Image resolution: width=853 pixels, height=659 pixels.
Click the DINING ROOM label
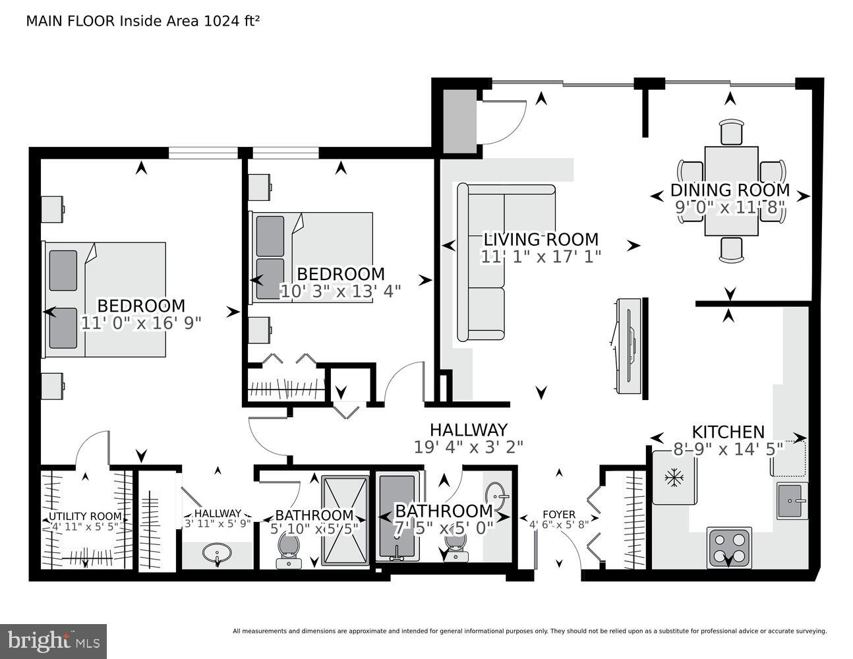[x=730, y=190]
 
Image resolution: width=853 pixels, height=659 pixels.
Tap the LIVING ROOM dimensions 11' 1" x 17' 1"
[x=541, y=256]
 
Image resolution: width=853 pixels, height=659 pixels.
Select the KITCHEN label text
[x=728, y=432]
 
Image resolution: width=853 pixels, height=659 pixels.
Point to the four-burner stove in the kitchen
[x=729, y=547]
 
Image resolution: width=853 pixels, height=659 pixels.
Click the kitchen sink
[x=792, y=500]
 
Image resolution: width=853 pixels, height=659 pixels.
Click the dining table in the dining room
[x=730, y=191]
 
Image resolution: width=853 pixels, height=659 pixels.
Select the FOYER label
[x=558, y=514]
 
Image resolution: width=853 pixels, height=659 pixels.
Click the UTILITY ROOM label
[x=85, y=516]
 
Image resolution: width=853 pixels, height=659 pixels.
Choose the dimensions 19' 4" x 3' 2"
[x=468, y=447]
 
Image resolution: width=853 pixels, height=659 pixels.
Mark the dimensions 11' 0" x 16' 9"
[x=141, y=323]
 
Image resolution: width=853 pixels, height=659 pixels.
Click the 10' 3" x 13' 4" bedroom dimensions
[x=340, y=291]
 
